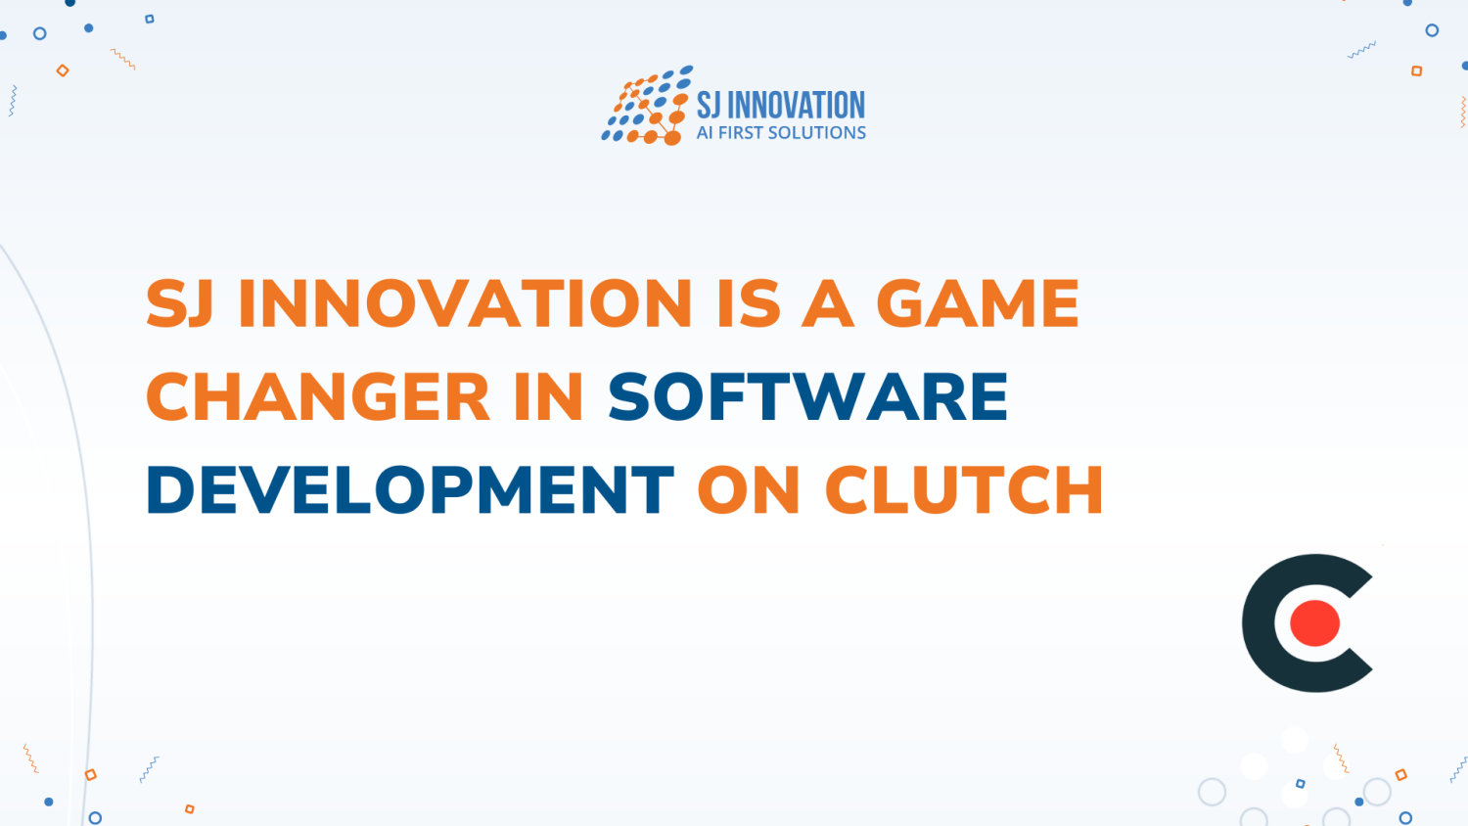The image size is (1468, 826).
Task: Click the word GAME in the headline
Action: [x=977, y=303]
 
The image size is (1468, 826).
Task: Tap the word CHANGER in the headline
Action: [x=318, y=397]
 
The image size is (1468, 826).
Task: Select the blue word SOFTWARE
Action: [x=808, y=397]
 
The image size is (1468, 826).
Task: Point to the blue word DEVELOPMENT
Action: [x=410, y=490]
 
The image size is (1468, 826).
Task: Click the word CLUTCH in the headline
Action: [x=964, y=490]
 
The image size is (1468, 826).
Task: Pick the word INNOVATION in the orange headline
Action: [x=466, y=303]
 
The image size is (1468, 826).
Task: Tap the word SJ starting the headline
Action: [x=180, y=303]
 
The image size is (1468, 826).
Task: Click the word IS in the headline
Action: [x=749, y=303]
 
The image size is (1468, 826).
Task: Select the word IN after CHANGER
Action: [x=548, y=397]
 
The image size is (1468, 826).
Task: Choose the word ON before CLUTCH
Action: [x=748, y=490]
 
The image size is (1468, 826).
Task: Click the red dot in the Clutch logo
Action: [x=1314, y=623]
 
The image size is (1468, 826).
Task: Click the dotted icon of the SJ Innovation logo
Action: [x=646, y=107]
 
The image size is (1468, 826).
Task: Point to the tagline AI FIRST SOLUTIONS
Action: [x=781, y=133]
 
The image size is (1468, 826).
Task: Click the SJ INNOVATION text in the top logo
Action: [x=781, y=105]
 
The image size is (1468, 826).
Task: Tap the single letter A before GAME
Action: [x=828, y=303]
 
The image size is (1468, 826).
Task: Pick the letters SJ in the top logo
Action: [x=708, y=105]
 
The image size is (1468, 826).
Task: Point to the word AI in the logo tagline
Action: [x=705, y=133]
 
